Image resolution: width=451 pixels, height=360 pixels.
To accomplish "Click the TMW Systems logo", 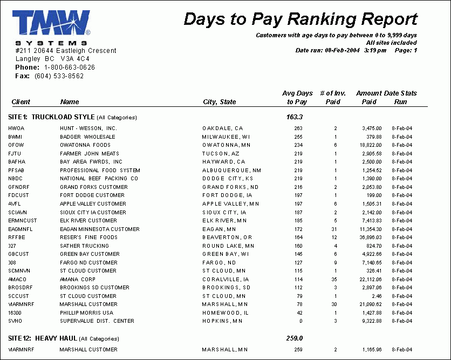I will [51, 27].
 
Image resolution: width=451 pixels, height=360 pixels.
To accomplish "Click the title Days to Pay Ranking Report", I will [300, 19].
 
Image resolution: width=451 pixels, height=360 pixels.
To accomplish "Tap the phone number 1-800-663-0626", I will [70, 67].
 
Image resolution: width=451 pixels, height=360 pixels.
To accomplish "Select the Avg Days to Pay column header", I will [297, 97].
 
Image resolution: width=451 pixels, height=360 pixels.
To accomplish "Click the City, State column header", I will [219, 102].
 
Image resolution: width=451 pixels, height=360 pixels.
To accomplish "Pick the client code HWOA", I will [17, 128].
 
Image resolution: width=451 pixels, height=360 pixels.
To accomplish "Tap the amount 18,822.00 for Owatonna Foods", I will [371, 145].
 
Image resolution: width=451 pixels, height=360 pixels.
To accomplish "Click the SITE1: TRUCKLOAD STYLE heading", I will [73, 117].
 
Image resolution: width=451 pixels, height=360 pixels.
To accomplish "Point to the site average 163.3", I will [295, 117].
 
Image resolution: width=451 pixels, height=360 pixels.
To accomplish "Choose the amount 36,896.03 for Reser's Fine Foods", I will [371, 237].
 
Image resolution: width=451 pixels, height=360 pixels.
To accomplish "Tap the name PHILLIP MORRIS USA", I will [86, 313].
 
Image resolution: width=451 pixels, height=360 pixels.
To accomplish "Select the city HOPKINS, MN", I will [223, 322].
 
